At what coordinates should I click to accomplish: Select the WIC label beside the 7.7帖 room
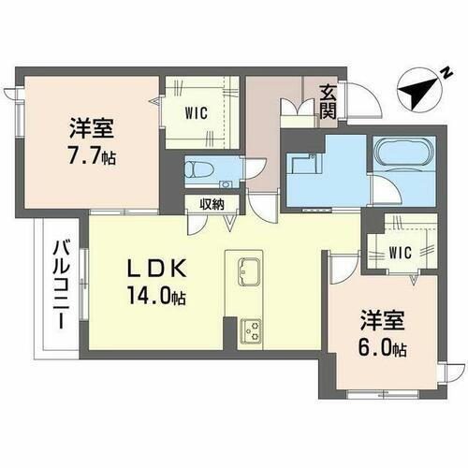pyautogui.click(x=197, y=115)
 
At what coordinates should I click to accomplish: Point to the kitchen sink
pyautogui.click(x=251, y=271)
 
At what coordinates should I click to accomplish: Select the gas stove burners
pyautogui.click(x=251, y=329)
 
